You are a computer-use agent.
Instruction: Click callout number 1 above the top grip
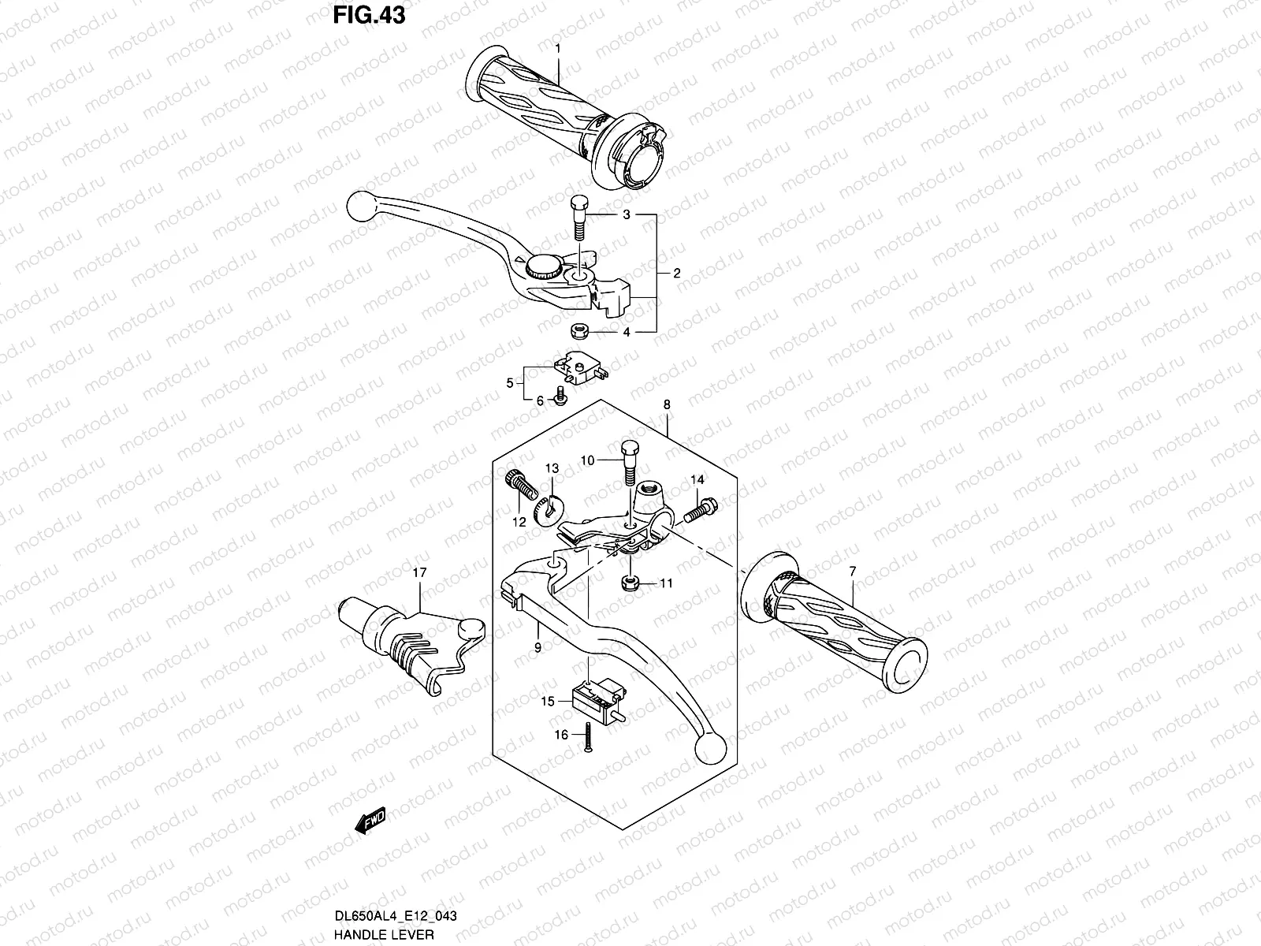coord(557,48)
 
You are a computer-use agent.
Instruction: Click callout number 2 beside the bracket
coord(676,274)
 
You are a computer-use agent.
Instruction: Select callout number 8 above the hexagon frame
coord(667,404)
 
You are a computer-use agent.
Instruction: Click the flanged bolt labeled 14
coord(697,509)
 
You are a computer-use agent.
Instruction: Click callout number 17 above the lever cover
coord(418,573)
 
